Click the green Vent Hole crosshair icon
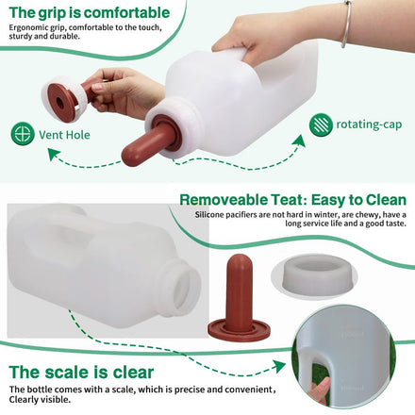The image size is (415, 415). click(23, 134)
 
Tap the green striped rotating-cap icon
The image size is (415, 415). click(321, 124)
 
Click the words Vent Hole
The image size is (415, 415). click(64, 135)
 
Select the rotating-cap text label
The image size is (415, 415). click(369, 124)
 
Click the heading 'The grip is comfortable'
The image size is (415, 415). click(90, 12)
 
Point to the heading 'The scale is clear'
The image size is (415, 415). click(81, 372)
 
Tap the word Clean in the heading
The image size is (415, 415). click(386, 200)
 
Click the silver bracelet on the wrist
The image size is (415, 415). click(346, 25)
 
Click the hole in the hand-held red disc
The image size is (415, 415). click(59, 102)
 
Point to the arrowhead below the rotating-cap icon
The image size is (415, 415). click(299, 141)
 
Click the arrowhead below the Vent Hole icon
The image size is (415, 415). click(54, 155)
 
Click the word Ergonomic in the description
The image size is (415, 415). click(28, 27)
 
